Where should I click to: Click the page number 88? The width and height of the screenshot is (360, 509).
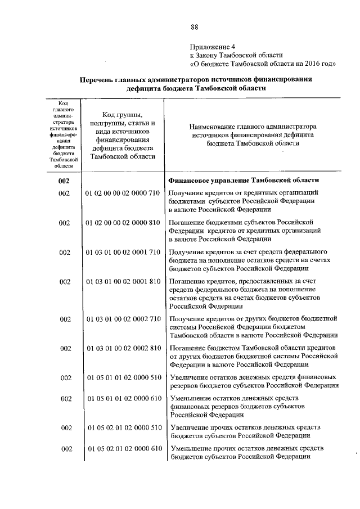point(195,27)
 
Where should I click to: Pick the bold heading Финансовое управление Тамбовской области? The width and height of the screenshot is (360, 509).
point(244,181)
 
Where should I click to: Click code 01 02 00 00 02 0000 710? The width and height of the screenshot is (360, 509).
point(123,193)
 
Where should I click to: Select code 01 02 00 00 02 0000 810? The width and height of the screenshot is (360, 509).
point(123,223)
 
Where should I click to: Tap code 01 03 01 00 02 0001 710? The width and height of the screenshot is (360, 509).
point(123,253)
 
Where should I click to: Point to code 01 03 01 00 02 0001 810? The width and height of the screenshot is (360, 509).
point(123,282)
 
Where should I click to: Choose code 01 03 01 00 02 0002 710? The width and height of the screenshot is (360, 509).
point(123,319)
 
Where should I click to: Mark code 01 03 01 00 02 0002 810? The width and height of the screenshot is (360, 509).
point(123,349)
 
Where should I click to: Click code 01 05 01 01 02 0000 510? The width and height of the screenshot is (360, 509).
point(123,377)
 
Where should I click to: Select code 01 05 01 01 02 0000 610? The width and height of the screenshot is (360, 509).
point(123,399)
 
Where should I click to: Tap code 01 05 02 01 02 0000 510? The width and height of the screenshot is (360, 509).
point(123,428)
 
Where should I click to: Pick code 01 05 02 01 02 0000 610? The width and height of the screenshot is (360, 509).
point(123,449)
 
